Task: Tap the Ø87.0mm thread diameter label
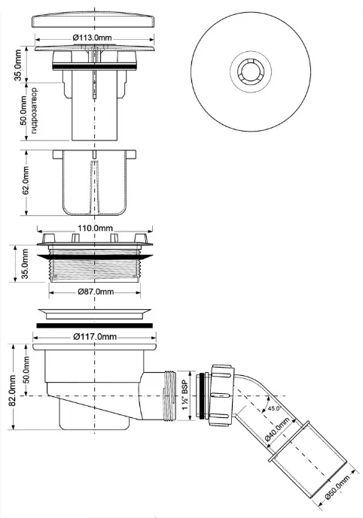tap(96, 292)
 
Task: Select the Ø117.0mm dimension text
tap(95, 337)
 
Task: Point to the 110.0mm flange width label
tap(95, 229)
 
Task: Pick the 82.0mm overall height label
tap(12, 390)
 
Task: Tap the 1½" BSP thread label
tap(185, 395)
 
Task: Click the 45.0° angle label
tap(274, 408)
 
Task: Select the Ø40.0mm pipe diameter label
tap(277, 429)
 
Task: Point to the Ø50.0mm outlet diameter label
tap(337, 488)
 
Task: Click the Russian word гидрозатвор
tap(34, 111)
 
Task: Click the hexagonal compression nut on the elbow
tap(221, 396)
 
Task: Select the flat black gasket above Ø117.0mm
tap(95, 326)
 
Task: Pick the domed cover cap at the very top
tap(95, 21)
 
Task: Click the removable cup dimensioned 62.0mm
tap(95, 183)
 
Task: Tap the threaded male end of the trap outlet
tap(169, 395)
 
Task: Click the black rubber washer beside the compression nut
tap(200, 396)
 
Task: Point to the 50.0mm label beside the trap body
tap(26, 369)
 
